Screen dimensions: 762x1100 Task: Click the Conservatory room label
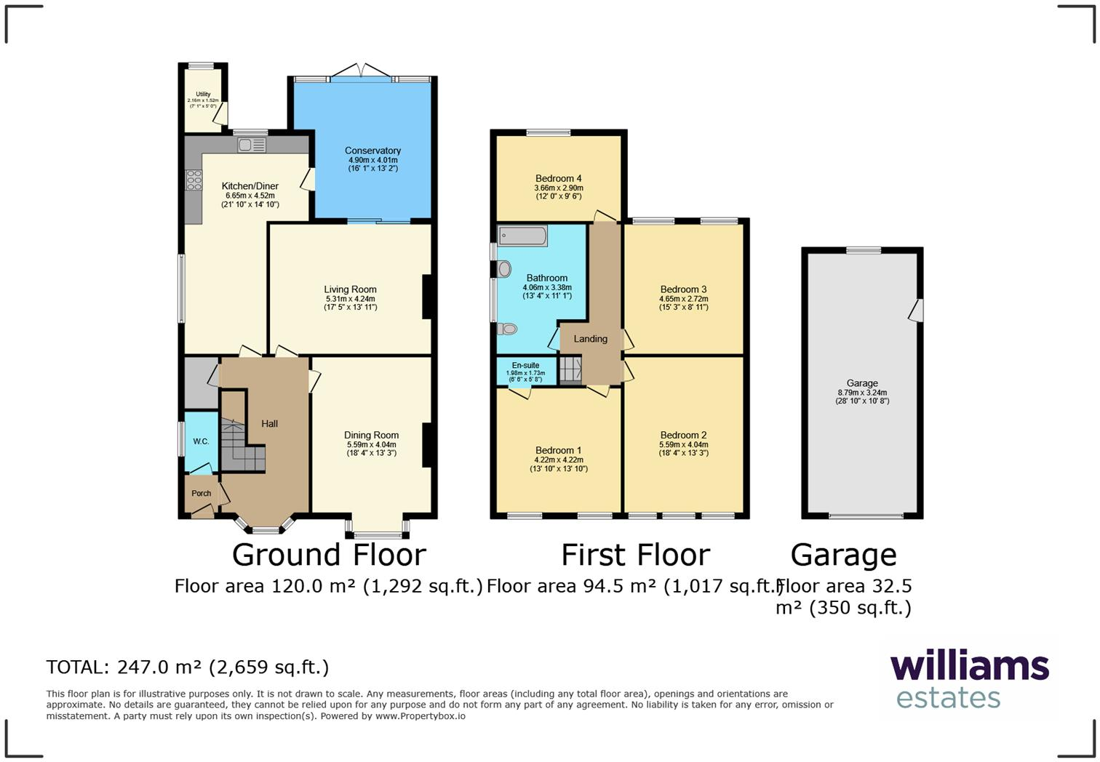tap(372, 151)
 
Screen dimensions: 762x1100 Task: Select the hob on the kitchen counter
tap(194, 180)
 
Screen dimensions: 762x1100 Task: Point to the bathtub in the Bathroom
tap(522, 236)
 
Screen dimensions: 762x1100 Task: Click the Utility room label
tap(203, 95)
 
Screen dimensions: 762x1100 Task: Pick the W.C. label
tap(201, 441)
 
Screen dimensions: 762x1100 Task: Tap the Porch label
tap(202, 494)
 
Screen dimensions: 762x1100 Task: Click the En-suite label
tap(525, 366)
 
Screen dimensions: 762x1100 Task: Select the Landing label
tap(590, 339)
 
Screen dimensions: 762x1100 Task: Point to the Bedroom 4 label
tap(558, 178)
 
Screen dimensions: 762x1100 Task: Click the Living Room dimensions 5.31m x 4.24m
tap(350, 299)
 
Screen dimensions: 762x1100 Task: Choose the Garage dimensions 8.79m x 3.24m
tap(862, 393)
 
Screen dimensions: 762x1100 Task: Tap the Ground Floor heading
tap(329, 555)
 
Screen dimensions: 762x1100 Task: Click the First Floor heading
tap(635, 555)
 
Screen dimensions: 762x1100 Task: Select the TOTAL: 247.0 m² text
tap(187, 667)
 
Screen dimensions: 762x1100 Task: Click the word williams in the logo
tap(969, 666)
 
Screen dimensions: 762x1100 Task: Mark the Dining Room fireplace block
tap(428, 444)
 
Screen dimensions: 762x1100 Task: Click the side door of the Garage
tap(917, 310)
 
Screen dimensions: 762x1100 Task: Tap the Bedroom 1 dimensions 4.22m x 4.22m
tap(558, 460)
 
